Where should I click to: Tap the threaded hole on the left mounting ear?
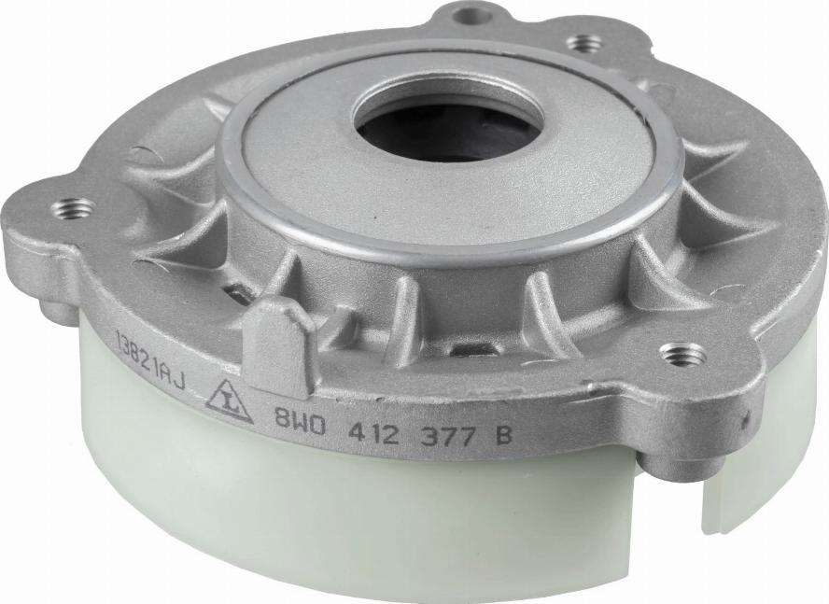click(x=74, y=208)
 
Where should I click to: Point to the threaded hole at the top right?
click(x=584, y=43)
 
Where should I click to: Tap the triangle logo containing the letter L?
click(x=229, y=401)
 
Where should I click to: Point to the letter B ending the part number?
click(x=503, y=435)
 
